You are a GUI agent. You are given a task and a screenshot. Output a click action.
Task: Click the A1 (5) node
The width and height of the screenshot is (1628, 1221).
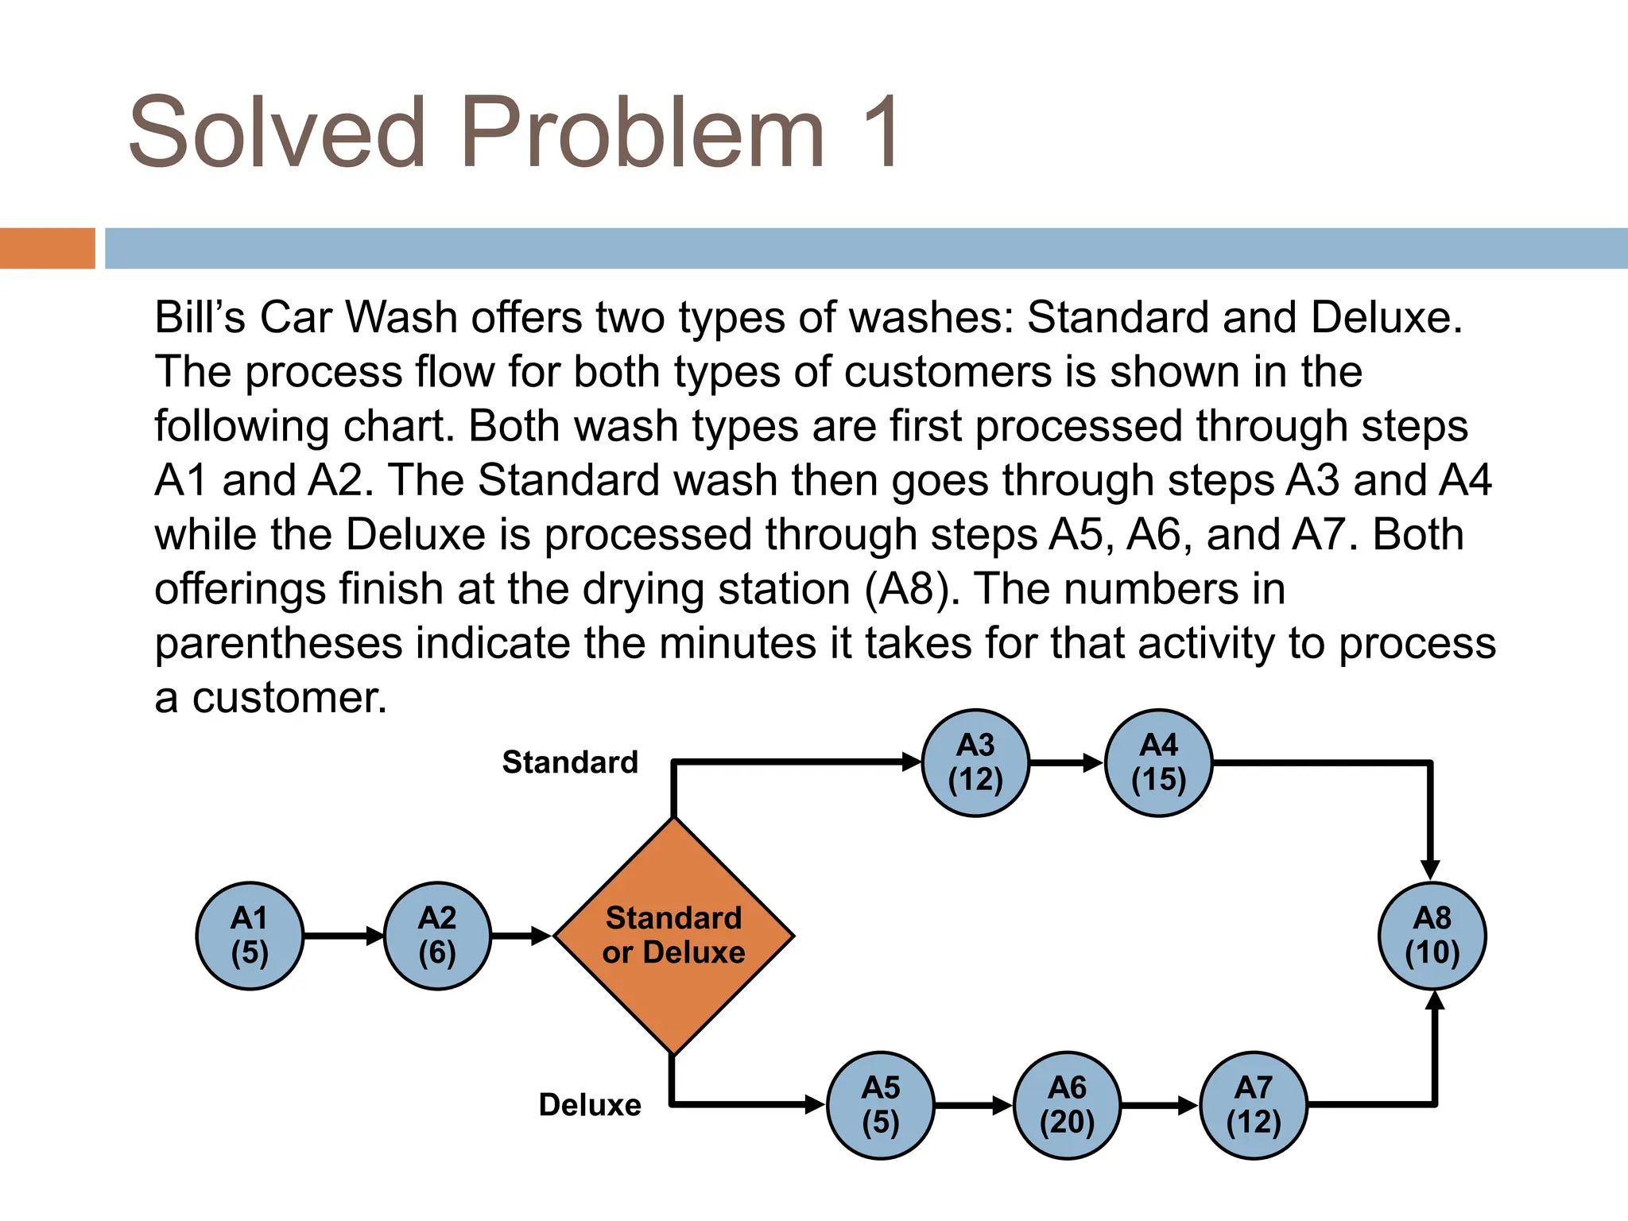pos(250,936)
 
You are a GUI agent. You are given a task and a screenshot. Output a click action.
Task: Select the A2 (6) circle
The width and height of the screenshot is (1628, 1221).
pos(437,936)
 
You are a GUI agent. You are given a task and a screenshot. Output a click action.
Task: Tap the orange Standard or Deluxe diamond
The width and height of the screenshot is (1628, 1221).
pos(673,936)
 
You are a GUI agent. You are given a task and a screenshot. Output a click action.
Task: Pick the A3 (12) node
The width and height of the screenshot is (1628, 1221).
pos(975,762)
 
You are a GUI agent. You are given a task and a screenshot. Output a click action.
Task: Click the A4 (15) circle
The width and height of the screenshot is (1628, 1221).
pos(1158,762)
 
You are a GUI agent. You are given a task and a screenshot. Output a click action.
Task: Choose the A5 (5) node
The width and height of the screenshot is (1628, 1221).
pos(880,1105)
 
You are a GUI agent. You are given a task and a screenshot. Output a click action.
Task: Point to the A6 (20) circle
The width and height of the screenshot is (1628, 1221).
pos(1067,1105)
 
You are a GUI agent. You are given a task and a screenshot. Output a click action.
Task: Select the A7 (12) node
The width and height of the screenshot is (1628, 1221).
pos(1254,1105)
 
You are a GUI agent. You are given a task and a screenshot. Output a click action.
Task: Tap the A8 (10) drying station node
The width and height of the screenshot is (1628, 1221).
pos(1432,936)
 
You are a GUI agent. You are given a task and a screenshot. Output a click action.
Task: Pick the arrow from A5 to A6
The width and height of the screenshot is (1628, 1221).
pos(973,1105)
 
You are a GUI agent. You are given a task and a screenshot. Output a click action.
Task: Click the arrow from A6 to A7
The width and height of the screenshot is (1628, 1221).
pos(1160,1105)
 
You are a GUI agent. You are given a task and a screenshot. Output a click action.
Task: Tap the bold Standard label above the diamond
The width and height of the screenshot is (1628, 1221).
pos(570,762)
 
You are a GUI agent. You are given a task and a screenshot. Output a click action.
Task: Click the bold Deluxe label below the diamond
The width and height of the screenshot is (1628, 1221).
pos(589,1105)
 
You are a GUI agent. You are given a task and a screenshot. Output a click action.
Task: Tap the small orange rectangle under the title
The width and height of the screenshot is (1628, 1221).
pos(47,248)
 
